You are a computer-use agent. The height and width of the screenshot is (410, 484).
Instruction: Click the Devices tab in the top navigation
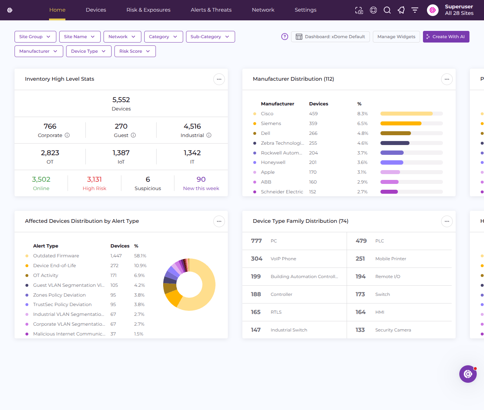pos(96,10)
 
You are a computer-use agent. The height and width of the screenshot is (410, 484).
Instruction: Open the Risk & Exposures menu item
pos(148,10)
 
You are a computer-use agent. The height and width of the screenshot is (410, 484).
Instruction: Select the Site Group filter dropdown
pos(35,37)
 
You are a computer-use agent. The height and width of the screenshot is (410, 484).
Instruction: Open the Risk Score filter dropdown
pos(135,51)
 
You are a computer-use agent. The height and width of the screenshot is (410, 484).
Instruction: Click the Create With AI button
pos(446,37)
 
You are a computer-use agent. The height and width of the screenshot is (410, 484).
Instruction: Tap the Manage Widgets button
pos(396,37)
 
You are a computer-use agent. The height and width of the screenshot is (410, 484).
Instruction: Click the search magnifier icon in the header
pos(387,10)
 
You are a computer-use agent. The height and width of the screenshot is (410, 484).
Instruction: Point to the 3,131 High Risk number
pos(94,180)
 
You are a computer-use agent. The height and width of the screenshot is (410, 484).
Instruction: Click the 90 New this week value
pos(201,180)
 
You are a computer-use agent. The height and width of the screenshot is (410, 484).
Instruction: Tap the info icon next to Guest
pos(133,135)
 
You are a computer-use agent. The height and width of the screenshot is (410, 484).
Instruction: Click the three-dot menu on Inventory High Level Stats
pos(219,79)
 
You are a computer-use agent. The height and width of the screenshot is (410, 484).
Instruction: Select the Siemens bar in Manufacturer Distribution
pos(401,124)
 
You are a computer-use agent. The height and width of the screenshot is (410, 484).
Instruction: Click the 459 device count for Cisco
pos(313,114)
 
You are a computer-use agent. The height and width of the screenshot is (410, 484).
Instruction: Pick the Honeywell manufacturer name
pos(273,162)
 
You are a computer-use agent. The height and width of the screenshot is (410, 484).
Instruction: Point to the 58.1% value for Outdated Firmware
pos(140,256)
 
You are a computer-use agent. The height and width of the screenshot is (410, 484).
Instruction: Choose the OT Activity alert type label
pos(46,275)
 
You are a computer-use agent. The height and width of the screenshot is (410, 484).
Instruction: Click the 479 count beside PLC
pos(361,241)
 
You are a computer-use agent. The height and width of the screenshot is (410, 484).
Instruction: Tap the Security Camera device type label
pos(393,330)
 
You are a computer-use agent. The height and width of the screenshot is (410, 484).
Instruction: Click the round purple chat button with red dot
pos(468,374)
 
